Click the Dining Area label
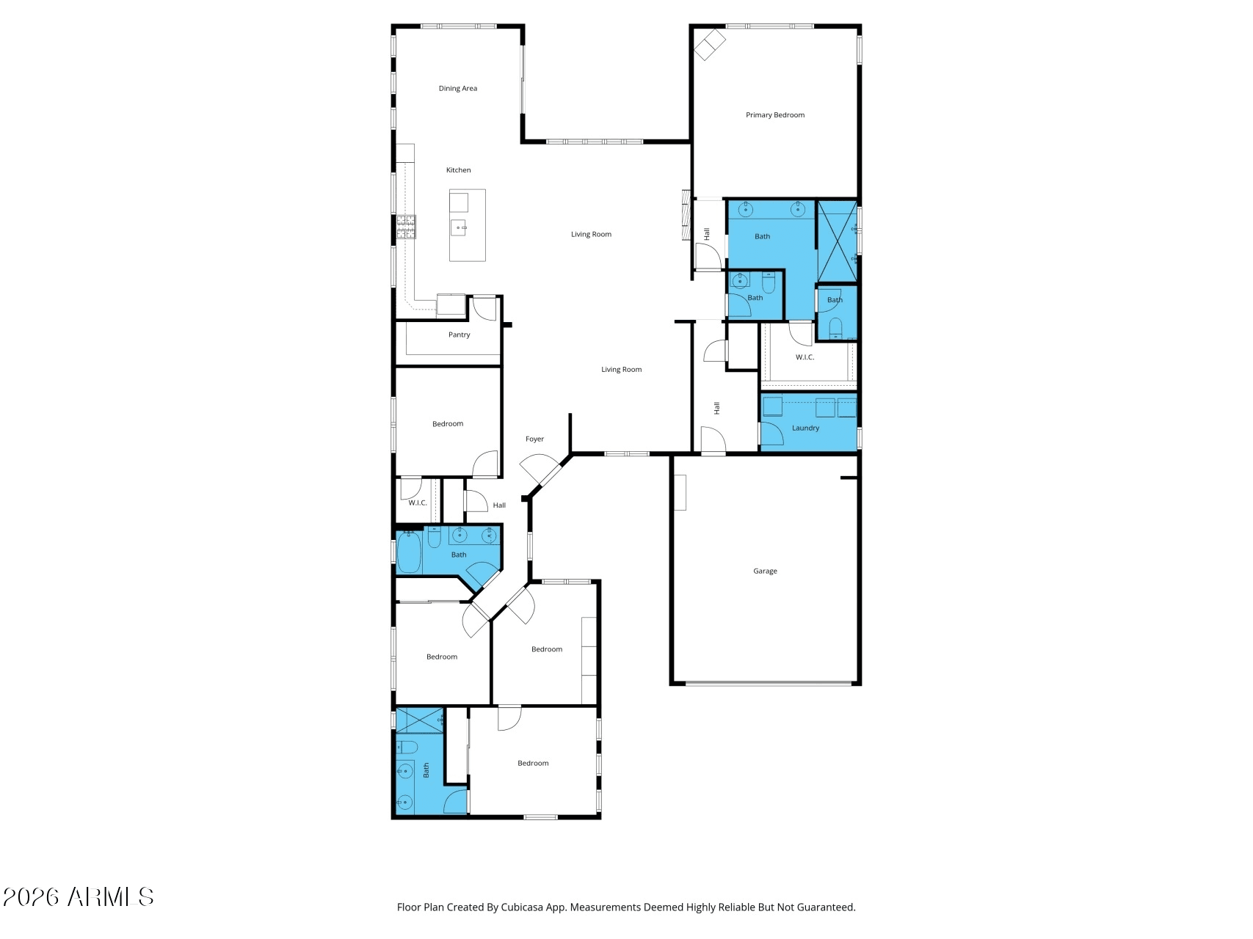point(458,89)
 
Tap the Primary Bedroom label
point(775,115)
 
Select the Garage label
point(765,571)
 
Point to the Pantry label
point(460,335)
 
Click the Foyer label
point(534,439)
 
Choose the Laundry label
point(805,428)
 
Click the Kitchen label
point(459,170)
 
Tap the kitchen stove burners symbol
point(406,227)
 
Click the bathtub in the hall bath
point(409,552)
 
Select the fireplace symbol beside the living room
point(686,216)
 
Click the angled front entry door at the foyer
point(540,472)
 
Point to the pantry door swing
point(484,308)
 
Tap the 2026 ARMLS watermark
point(78,897)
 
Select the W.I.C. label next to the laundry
point(805,357)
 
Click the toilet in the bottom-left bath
point(407,748)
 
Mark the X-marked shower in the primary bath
point(838,241)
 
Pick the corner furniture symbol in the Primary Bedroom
point(710,44)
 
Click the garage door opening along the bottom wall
point(769,684)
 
